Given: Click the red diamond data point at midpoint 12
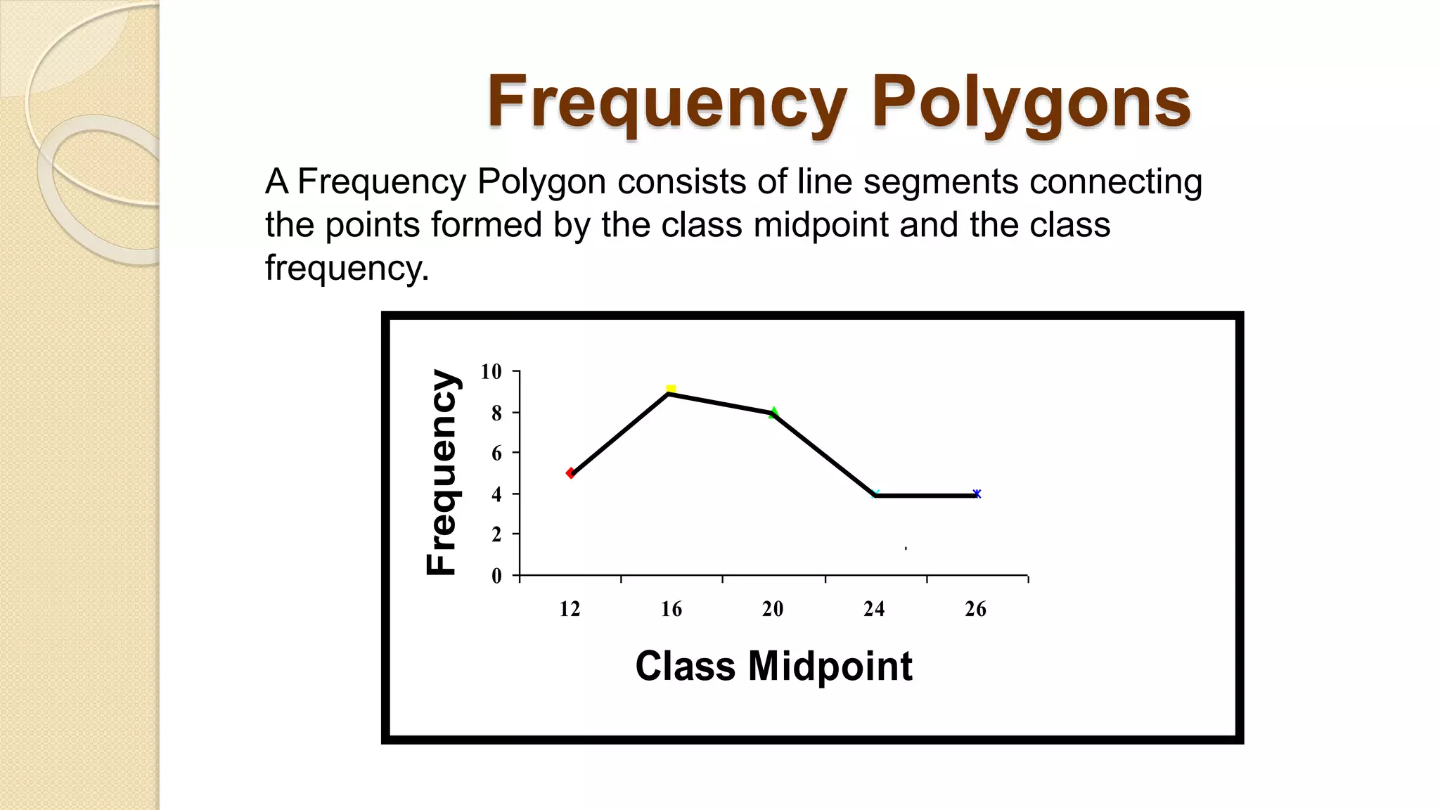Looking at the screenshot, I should pyautogui.click(x=570, y=473).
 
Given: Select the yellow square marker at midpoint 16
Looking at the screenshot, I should pyautogui.click(x=671, y=390).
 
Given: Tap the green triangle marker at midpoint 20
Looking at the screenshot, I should pyautogui.click(x=773, y=413).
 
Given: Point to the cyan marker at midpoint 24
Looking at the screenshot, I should pyautogui.click(x=875, y=494).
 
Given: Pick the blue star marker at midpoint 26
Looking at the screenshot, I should pyautogui.click(x=977, y=494).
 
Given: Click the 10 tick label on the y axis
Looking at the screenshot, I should pyautogui.click(x=491, y=371).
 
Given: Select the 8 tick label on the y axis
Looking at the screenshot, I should pyautogui.click(x=496, y=413).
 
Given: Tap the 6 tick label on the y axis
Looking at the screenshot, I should pyautogui.click(x=496, y=454).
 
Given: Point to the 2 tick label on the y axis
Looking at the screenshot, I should pyautogui.click(x=496, y=534).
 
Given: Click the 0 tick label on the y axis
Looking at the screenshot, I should pyautogui.click(x=496, y=576).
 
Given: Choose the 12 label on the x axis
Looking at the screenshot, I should pyautogui.click(x=570, y=609).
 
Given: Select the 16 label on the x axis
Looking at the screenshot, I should pyautogui.click(x=671, y=609).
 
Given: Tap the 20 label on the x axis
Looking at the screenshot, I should pyautogui.click(x=773, y=609).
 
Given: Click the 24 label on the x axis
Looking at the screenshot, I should pyautogui.click(x=874, y=609).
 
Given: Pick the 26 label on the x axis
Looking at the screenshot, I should pyautogui.click(x=975, y=609).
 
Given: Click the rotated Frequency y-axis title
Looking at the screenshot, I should pyautogui.click(x=442, y=472).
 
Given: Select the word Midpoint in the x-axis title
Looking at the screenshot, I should pyautogui.click(x=830, y=666).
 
